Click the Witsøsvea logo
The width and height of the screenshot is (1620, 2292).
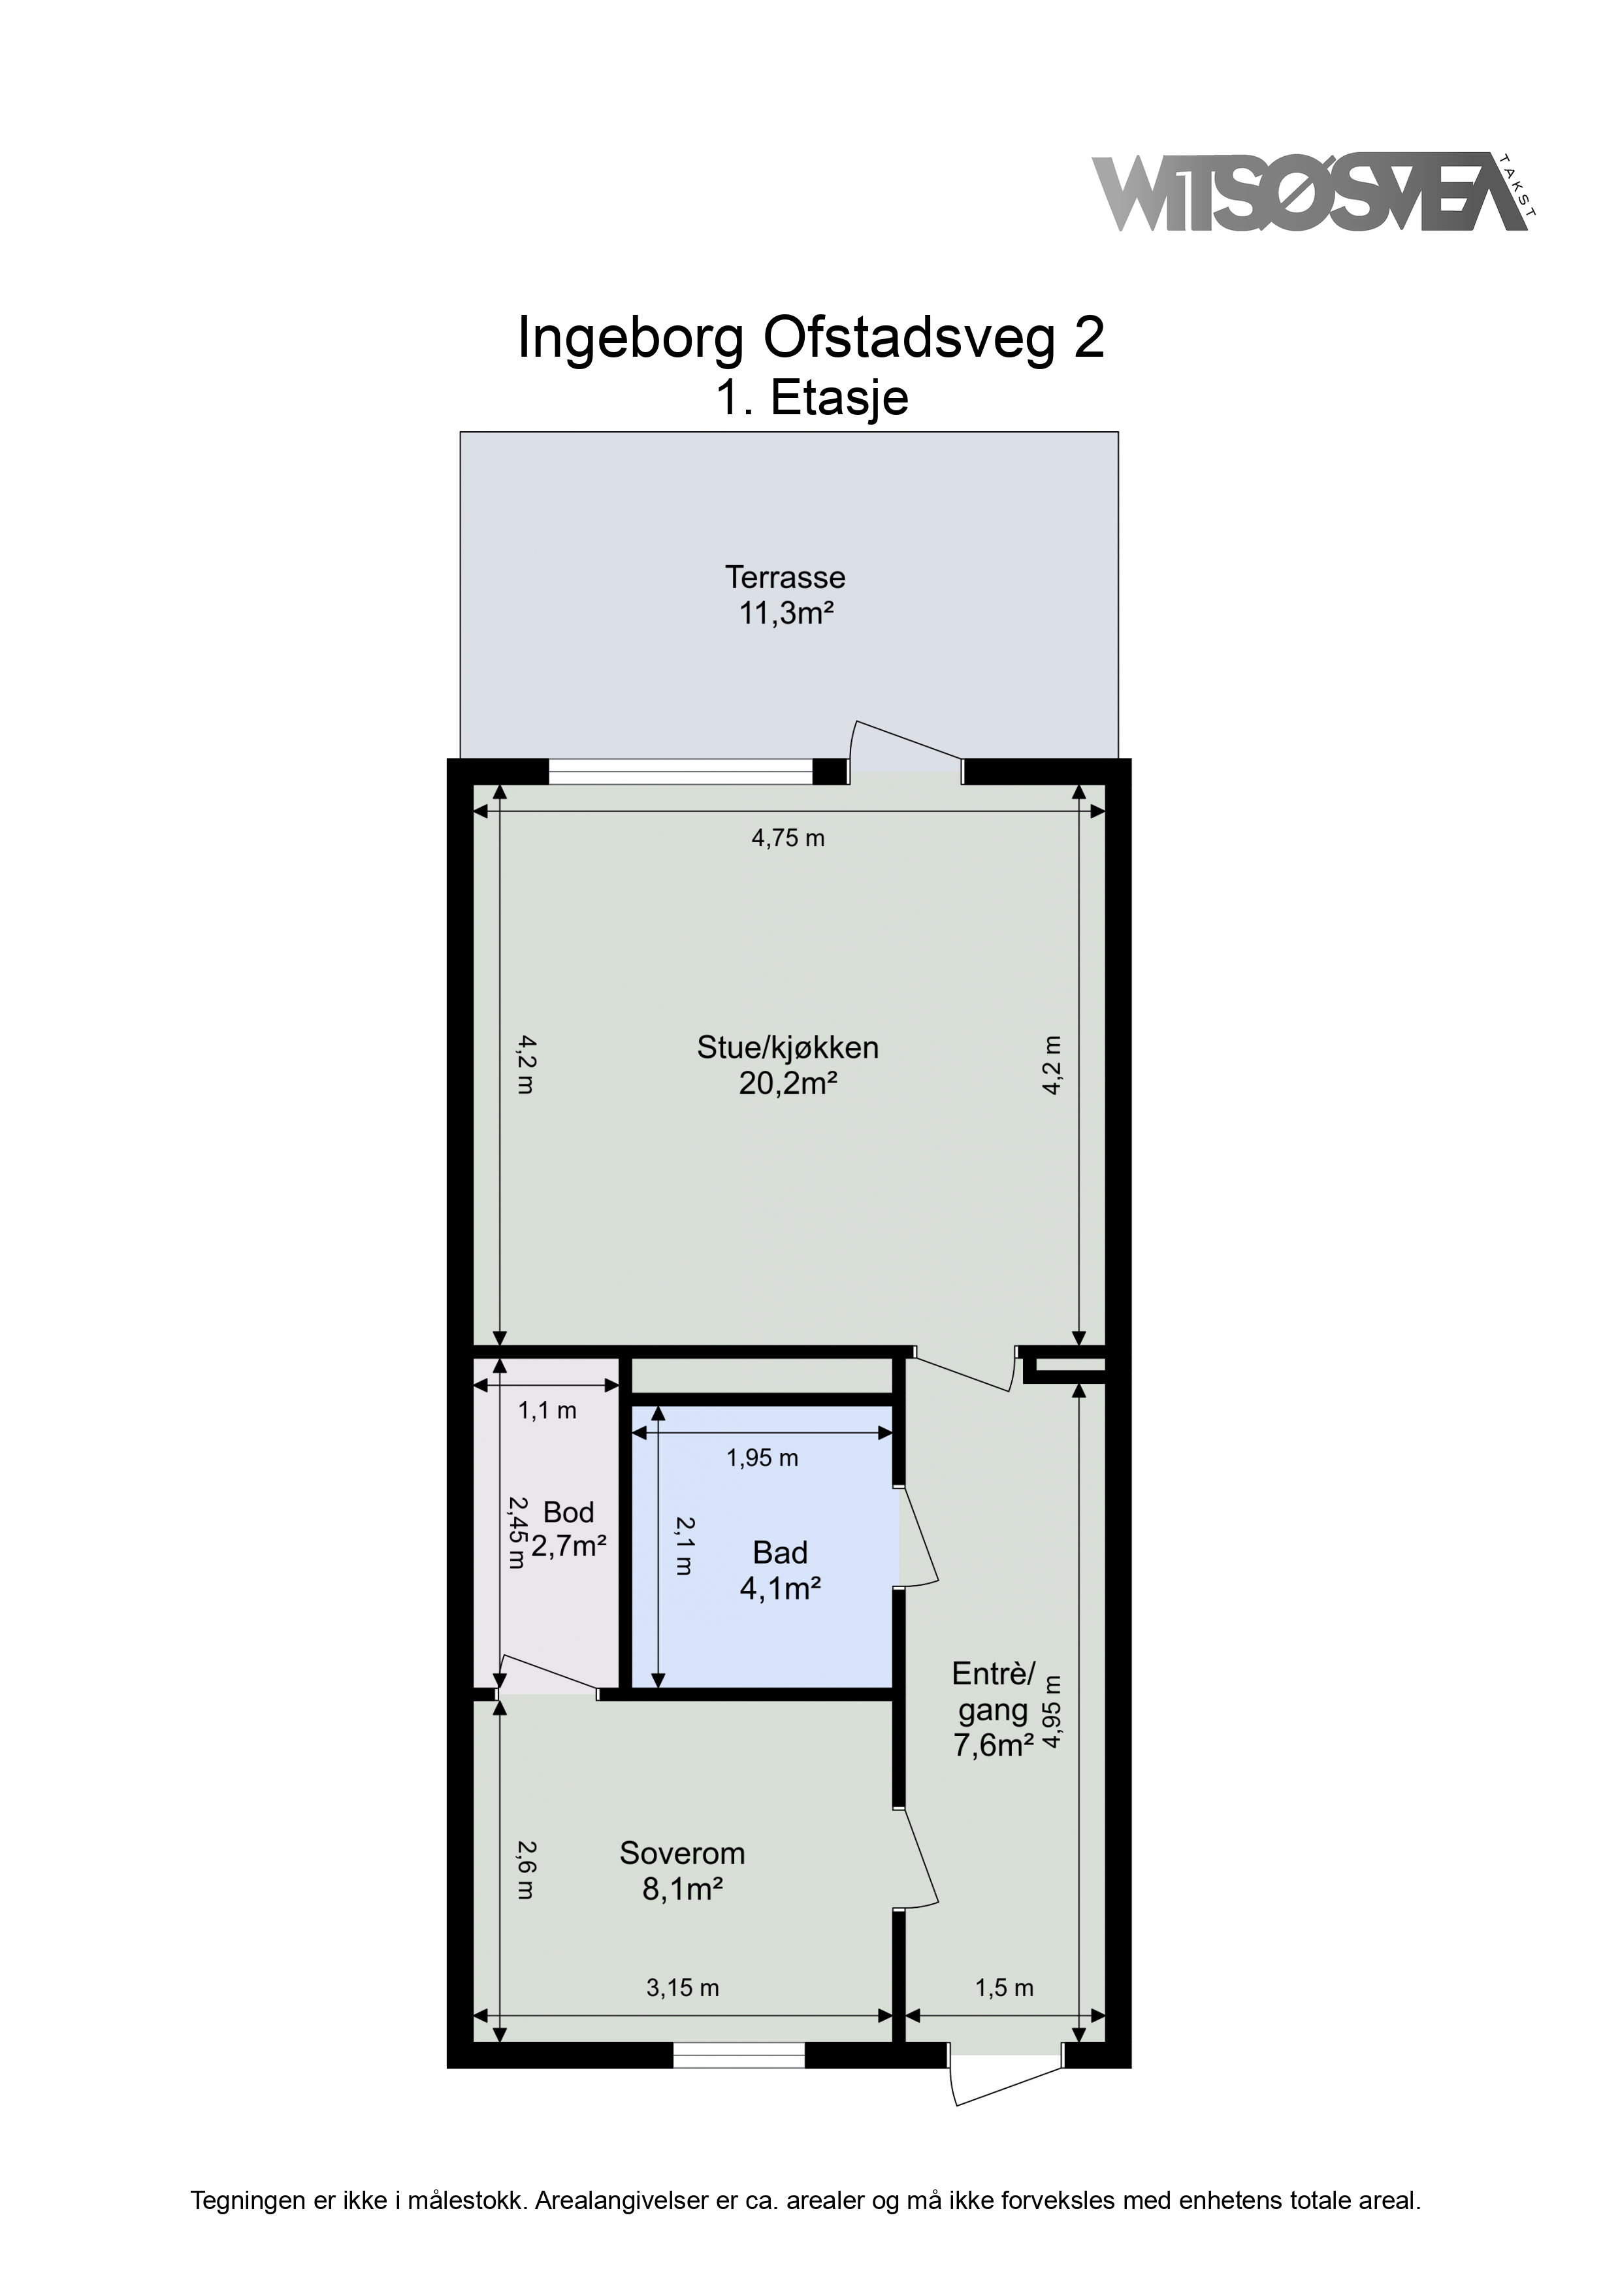[1314, 193]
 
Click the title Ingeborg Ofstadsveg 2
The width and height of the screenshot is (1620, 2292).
[811, 338]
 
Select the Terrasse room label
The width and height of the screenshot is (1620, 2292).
[786, 577]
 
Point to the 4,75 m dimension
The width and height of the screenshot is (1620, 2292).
[788, 838]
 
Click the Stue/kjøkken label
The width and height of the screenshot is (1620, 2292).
[788, 1047]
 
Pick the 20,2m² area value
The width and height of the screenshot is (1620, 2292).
[788, 1083]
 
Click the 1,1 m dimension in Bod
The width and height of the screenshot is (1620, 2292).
[547, 1411]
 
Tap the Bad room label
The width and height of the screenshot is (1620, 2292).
[781, 1552]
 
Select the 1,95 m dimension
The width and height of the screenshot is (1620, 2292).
[762, 1458]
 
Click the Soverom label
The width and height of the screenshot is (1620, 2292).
[683, 1853]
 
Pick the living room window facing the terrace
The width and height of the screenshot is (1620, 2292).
[681, 771]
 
